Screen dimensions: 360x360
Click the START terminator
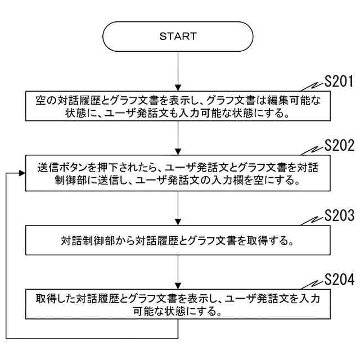pos(178,37)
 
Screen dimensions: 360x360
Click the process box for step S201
pos(178,106)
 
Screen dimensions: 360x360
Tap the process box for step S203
pos(178,241)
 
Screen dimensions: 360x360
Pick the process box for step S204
pos(178,304)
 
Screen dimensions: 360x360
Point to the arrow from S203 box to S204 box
pos(178,272)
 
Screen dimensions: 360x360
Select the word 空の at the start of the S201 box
pos(42,100)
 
